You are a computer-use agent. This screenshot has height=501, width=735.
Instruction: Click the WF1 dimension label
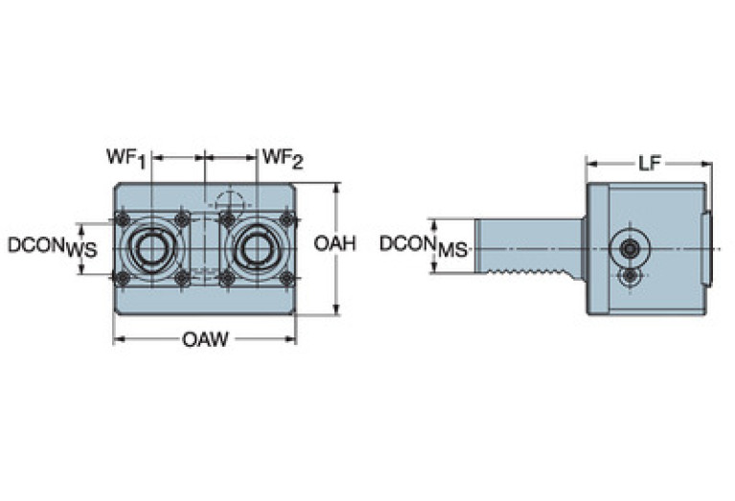tap(126, 157)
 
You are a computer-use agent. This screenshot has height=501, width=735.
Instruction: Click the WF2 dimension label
tap(283, 157)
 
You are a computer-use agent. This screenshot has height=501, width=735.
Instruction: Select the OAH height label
tap(334, 244)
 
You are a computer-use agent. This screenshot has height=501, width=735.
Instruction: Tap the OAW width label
tap(205, 339)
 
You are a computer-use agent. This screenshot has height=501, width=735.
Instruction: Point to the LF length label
tap(649, 163)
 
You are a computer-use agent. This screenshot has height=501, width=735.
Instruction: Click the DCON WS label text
tap(53, 246)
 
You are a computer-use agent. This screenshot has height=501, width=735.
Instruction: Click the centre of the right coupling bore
tap(257, 249)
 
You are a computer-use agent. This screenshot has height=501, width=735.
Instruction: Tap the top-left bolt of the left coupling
tap(122, 220)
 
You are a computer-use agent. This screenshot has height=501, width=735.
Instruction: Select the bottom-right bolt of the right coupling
tap(287, 279)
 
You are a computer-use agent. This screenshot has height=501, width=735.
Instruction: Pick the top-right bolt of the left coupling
tap(182, 220)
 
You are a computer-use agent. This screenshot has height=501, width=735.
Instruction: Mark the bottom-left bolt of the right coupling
tap(227, 279)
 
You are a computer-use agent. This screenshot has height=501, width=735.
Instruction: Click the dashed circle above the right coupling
tap(230, 201)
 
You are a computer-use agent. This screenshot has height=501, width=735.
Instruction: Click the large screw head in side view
tap(629, 249)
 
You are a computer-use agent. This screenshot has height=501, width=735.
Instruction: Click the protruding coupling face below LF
tap(709, 249)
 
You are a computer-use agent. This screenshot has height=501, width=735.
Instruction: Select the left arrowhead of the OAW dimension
tap(118, 340)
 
